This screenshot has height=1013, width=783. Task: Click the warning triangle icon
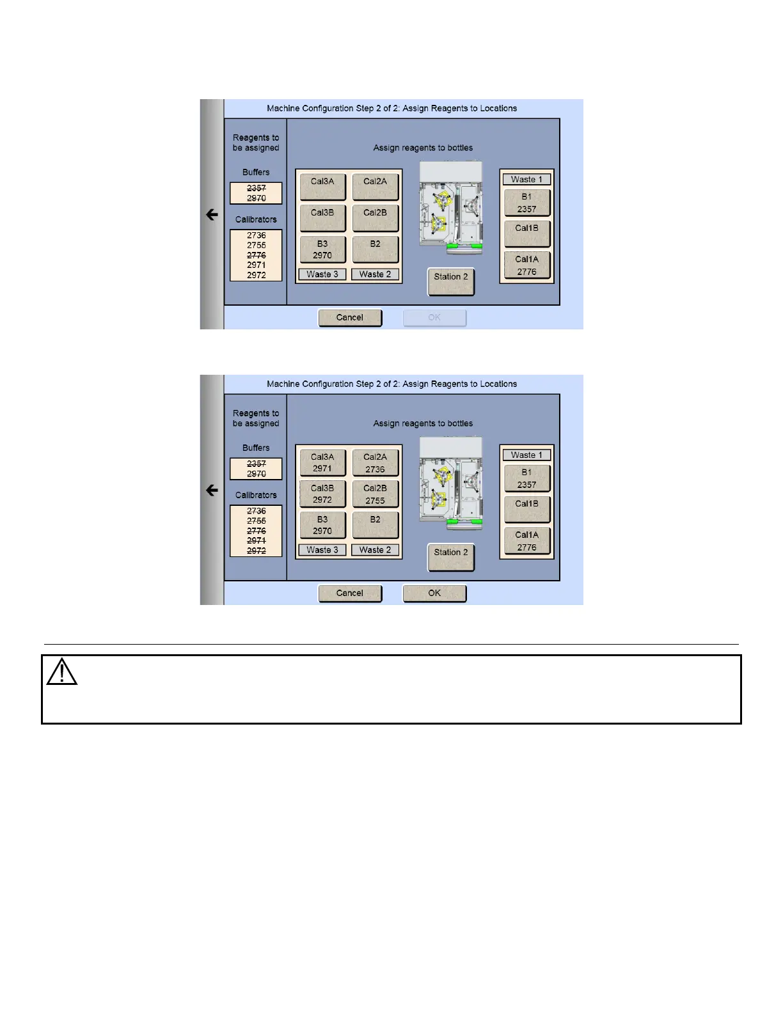[x=61, y=672]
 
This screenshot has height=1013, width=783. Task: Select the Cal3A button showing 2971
[x=322, y=462]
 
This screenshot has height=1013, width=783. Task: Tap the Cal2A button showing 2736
[x=376, y=462]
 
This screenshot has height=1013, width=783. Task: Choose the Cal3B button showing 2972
[x=322, y=494]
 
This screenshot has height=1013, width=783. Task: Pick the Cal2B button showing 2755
[x=376, y=494]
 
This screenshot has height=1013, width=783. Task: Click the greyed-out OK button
[x=434, y=318]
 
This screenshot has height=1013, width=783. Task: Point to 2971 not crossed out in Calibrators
[x=256, y=265]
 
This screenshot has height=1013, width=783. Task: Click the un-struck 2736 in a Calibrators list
[x=256, y=235]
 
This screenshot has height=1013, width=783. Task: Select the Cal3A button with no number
[x=322, y=186]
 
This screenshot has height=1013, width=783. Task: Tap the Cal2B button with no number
[x=376, y=217]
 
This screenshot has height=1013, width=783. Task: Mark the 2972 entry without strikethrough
[x=256, y=275]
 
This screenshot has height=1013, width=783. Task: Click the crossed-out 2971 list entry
[x=256, y=540]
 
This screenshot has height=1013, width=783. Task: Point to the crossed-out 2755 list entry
[x=256, y=521]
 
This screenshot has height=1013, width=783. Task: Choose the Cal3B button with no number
[x=322, y=217]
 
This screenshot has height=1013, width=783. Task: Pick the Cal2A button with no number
[x=376, y=186]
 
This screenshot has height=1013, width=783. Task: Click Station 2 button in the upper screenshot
[x=451, y=281]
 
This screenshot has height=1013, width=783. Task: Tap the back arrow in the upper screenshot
[x=212, y=215]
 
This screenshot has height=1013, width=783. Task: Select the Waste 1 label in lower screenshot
[x=526, y=455]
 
